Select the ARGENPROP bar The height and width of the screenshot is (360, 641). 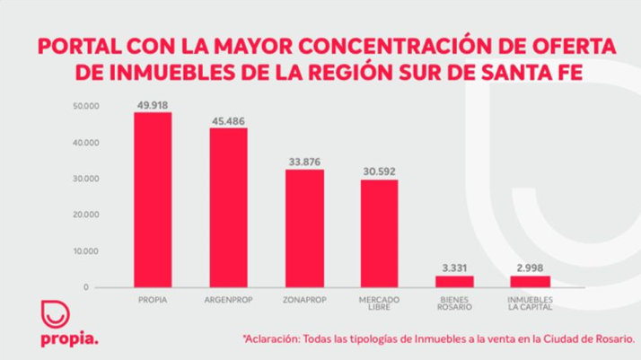pos(228,207)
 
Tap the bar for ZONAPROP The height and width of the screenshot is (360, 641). pos(304,228)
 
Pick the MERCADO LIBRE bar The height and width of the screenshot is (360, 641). pos(380,233)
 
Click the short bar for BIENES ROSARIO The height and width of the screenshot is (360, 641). pos(455,281)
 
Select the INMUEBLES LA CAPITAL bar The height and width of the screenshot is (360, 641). pos(530,282)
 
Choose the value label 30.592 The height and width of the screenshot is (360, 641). pos(380,171)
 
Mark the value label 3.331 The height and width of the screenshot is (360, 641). pos(455,268)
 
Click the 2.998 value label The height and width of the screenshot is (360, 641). pos(530,268)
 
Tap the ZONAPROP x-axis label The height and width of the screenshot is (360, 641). pos(304,297)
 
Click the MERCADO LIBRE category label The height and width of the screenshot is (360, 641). pos(380,301)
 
